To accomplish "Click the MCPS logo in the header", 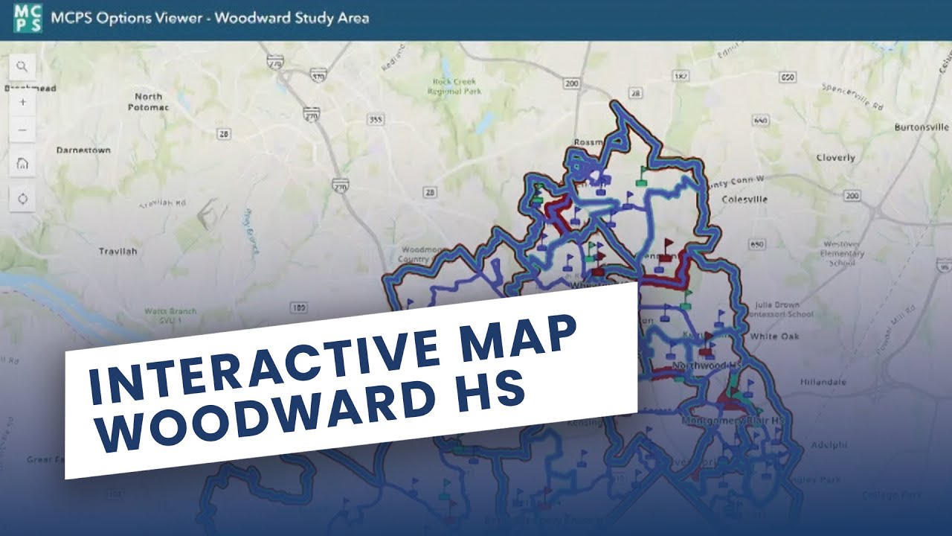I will tap(28, 18).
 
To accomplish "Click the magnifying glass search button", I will tap(22, 66).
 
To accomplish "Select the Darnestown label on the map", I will tap(84, 150).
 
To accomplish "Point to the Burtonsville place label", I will tap(922, 127).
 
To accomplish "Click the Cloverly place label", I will tap(835, 158).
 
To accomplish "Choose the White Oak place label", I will tap(774, 336).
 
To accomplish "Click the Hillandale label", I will tap(823, 382).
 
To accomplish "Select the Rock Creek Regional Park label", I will tap(456, 86).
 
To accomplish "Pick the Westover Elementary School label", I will tap(843, 253).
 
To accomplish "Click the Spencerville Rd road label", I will tap(852, 97).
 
